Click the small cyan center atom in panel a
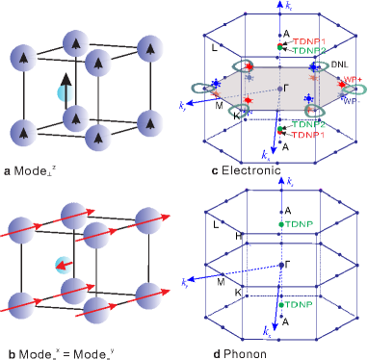click(x=65, y=93)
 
